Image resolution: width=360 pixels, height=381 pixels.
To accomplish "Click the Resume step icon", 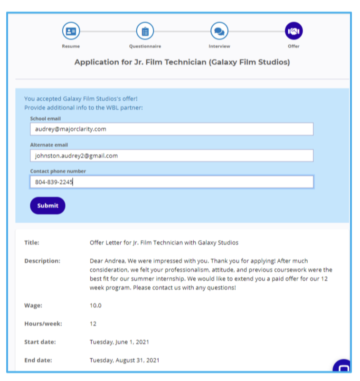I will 71,31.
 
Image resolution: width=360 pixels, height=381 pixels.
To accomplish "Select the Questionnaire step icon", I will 145,31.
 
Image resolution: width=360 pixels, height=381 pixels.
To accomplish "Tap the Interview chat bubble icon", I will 219,31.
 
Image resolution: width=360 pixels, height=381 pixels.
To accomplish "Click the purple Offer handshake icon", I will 294,31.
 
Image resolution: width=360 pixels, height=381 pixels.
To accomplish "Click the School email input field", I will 171,129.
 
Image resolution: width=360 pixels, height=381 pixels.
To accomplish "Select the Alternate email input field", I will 171,155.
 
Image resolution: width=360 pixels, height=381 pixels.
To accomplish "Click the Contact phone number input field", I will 171,182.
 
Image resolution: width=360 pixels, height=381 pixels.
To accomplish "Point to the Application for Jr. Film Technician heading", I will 182,62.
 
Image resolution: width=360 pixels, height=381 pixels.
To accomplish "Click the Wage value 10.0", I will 95,305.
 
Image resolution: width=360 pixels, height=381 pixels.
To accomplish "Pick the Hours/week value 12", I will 93,324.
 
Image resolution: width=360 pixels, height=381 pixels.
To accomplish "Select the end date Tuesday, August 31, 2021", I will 124,360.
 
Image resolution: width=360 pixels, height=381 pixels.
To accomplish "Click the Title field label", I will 32,243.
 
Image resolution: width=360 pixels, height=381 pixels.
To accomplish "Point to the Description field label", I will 42,261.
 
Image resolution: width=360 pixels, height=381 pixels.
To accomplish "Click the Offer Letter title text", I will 164,243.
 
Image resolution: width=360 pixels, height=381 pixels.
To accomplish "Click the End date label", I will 38,360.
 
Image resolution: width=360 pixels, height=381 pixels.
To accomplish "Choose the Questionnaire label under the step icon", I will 145,46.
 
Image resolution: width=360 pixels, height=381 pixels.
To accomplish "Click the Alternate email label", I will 49,145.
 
